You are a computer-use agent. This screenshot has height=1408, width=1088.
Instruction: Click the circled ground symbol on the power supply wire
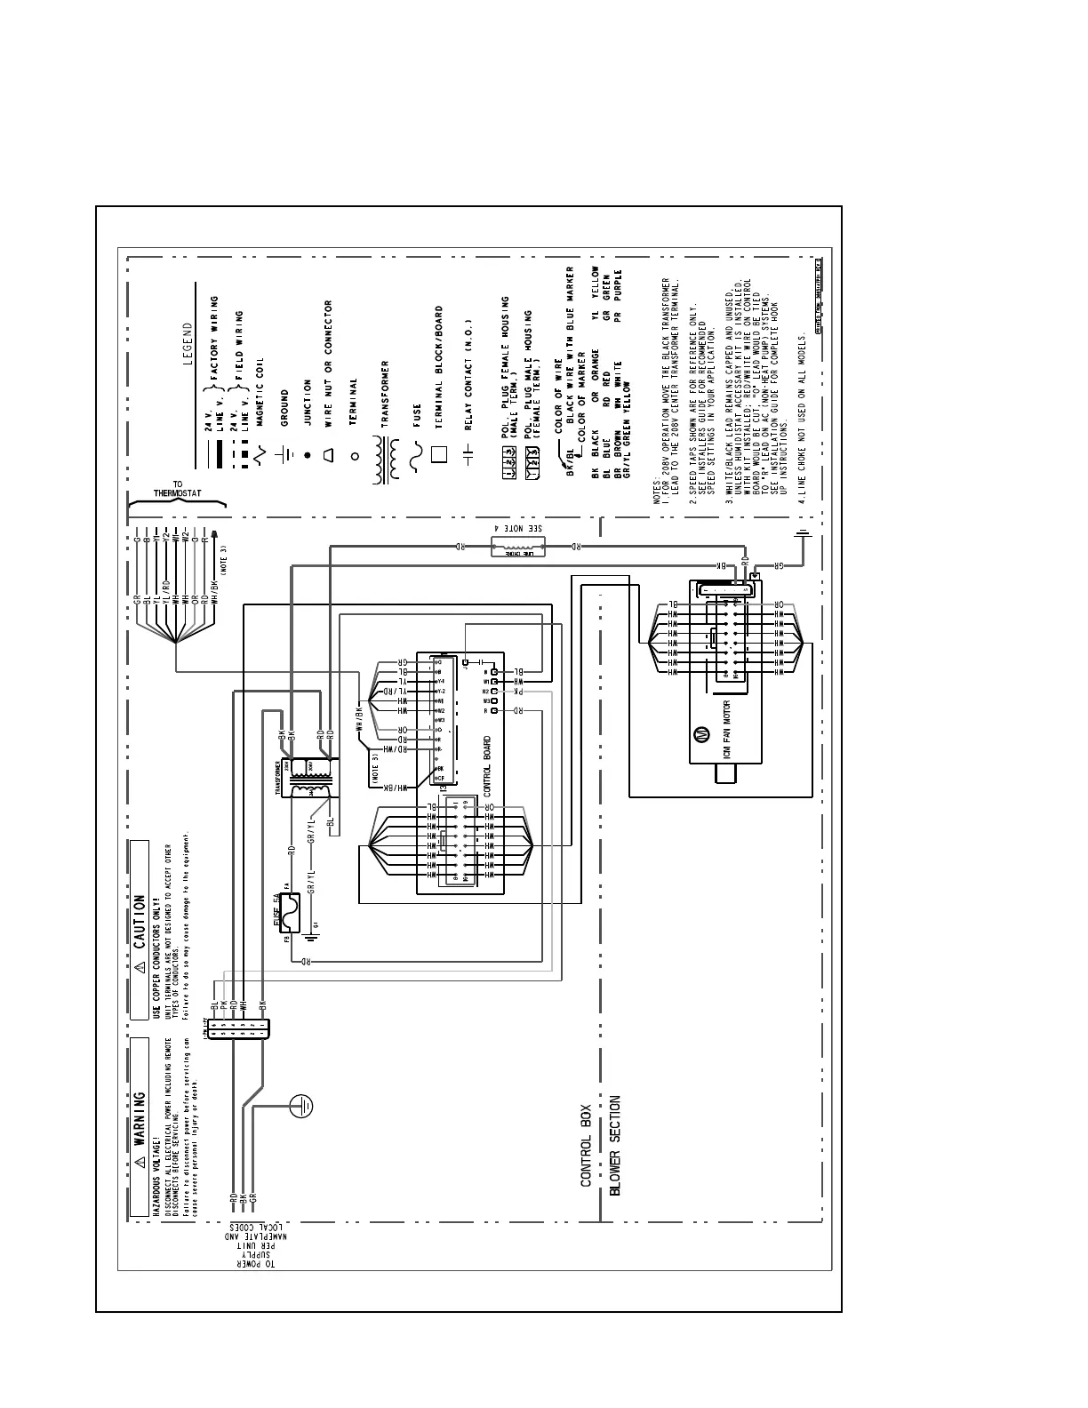click(x=301, y=1105)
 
